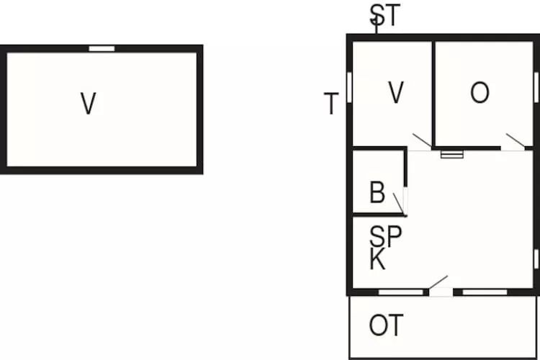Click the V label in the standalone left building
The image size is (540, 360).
point(88,104)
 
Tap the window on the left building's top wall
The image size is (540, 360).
point(102,48)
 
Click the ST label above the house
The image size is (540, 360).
point(384,16)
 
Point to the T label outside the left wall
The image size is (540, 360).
point(330,104)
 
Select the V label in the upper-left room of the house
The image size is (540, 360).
point(395,93)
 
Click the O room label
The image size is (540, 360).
point(480,93)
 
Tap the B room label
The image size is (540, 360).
point(377,193)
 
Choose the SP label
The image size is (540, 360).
point(385,235)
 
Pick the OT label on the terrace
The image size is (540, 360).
point(386,325)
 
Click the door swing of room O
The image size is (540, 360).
point(514,141)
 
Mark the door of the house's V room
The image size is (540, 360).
point(420,141)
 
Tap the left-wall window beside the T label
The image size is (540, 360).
point(349,87)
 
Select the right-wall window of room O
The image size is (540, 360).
point(536,86)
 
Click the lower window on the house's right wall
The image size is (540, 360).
point(536,258)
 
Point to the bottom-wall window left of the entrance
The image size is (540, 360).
point(401,292)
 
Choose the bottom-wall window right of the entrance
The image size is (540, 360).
point(485,292)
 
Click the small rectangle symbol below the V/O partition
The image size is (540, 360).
point(452,153)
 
